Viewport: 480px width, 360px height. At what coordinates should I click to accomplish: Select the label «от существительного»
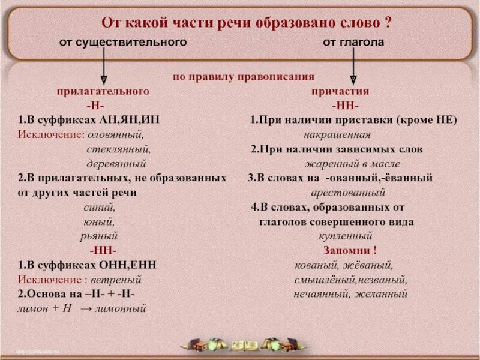(x=123, y=43)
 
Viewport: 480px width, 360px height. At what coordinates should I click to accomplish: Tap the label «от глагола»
(x=353, y=43)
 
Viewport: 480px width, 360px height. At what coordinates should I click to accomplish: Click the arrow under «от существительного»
(x=104, y=67)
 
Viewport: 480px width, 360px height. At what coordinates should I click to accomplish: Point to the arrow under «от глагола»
(x=353, y=67)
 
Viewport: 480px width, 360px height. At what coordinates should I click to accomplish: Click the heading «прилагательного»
(x=103, y=91)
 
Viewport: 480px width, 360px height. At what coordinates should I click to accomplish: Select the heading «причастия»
(x=340, y=91)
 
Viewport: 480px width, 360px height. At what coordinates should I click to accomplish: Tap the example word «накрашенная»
(x=337, y=134)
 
